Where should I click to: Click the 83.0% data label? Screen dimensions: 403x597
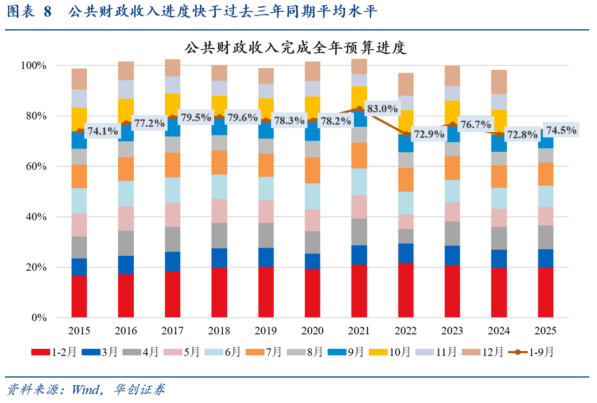click(382, 109)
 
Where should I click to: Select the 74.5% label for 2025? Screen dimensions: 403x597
click(562, 131)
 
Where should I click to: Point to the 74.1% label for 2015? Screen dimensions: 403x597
click(103, 132)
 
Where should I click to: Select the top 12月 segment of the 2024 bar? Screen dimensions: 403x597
click(499, 81)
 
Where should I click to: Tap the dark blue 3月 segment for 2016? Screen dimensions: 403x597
click(126, 265)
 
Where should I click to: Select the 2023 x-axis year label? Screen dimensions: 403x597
click(452, 331)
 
